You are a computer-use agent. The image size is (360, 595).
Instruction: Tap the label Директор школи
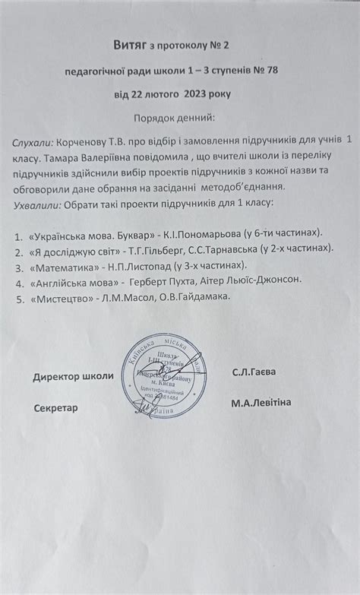[73, 377]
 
